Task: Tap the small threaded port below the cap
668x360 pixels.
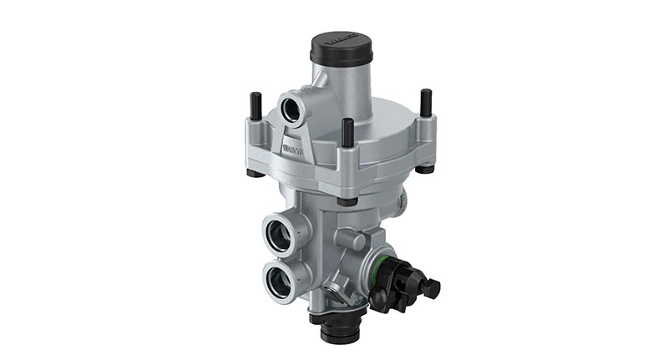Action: (293, 106)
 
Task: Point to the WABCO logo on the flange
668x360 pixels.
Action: (293, 150)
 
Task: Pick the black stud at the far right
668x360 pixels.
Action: (427, 102)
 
